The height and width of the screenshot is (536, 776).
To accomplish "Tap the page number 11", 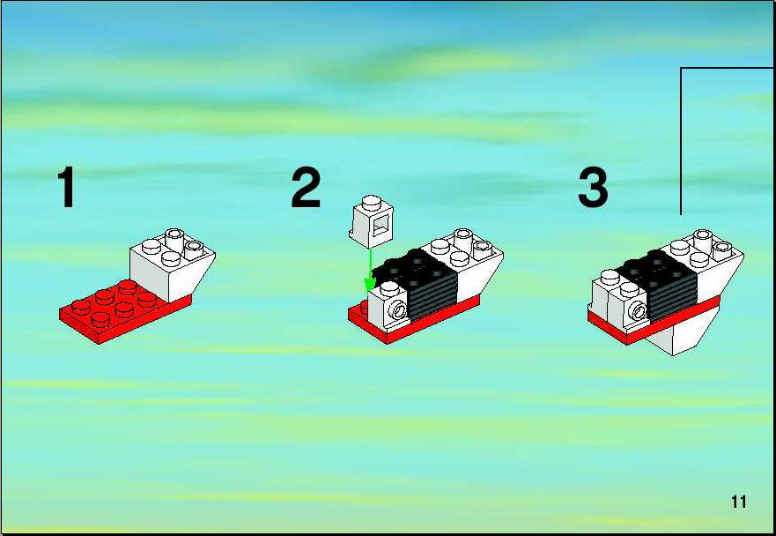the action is [738, 502].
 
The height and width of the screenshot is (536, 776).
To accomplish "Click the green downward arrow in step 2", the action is [370, 270].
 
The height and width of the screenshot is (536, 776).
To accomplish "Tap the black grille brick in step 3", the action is [658, 285].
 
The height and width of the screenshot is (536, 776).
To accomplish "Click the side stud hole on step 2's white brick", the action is [398, 310].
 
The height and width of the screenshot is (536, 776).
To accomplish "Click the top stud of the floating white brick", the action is [373, 202].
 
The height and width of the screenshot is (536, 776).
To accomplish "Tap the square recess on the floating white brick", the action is [381, 227].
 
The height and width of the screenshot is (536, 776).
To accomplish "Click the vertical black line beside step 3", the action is [681, 141].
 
